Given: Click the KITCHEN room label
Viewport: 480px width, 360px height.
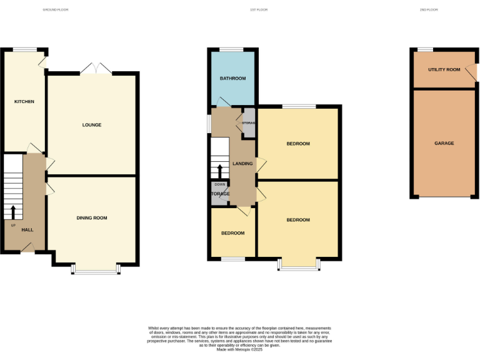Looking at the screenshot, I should click(24, 101).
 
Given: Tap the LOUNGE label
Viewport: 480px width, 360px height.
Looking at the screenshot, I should click(92, 125).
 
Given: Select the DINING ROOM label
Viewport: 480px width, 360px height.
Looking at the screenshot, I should click(92, 218).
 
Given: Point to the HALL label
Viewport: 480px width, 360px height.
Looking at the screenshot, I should click(27, 230).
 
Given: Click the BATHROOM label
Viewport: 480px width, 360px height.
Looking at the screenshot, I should click(232, 79).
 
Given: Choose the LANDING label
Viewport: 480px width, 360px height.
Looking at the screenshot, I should click(242, 164).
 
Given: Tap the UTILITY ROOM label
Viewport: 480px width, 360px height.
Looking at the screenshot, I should click(444, 69).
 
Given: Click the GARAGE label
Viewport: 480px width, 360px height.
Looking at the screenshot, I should click(444, 143).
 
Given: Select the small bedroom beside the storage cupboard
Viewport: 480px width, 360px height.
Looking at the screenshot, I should click(232, 233).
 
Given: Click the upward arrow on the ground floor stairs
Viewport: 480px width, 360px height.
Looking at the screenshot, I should click(12, 211).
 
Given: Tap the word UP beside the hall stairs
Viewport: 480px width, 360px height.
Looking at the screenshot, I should click(12, 225).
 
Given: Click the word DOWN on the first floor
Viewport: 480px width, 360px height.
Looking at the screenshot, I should click(219, 184).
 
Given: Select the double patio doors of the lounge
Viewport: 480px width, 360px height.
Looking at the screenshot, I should click(96, 69).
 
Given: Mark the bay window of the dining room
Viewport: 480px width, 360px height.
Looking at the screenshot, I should click(95, 270).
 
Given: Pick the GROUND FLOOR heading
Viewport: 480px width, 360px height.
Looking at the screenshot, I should click(55, 10).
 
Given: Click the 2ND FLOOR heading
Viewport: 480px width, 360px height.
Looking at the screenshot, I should click(429, 10).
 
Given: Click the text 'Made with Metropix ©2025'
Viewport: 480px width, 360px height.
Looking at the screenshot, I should click(239, 349).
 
